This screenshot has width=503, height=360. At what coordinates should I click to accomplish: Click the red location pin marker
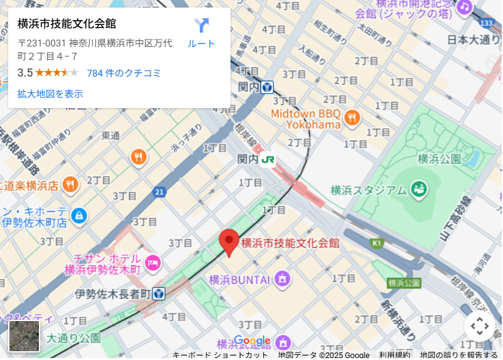click(229, 242)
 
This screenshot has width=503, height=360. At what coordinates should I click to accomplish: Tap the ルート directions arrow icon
click(202, 26)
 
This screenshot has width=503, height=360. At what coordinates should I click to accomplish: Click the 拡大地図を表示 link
click(50, 94)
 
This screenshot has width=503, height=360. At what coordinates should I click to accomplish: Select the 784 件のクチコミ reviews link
click(124, 73)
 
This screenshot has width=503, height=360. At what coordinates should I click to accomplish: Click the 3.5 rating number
click(24, 73)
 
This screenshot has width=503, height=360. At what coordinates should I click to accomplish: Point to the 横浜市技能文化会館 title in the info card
click(67, 25)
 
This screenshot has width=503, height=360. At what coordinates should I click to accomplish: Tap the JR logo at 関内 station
click(268, 160)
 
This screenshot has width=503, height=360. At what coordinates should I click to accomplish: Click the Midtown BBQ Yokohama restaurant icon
click(352, 117)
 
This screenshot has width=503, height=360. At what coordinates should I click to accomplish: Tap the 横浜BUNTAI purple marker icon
click(283, 278)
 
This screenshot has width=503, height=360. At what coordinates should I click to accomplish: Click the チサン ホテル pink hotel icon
click(152, 263)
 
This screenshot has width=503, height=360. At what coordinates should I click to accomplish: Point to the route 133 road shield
click(486, 23)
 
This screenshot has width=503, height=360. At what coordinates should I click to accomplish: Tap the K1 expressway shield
click(377, 243)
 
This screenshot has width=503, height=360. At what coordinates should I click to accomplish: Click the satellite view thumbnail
click(24, 336)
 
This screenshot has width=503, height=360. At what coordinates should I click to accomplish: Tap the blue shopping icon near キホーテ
click(78, 215)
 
